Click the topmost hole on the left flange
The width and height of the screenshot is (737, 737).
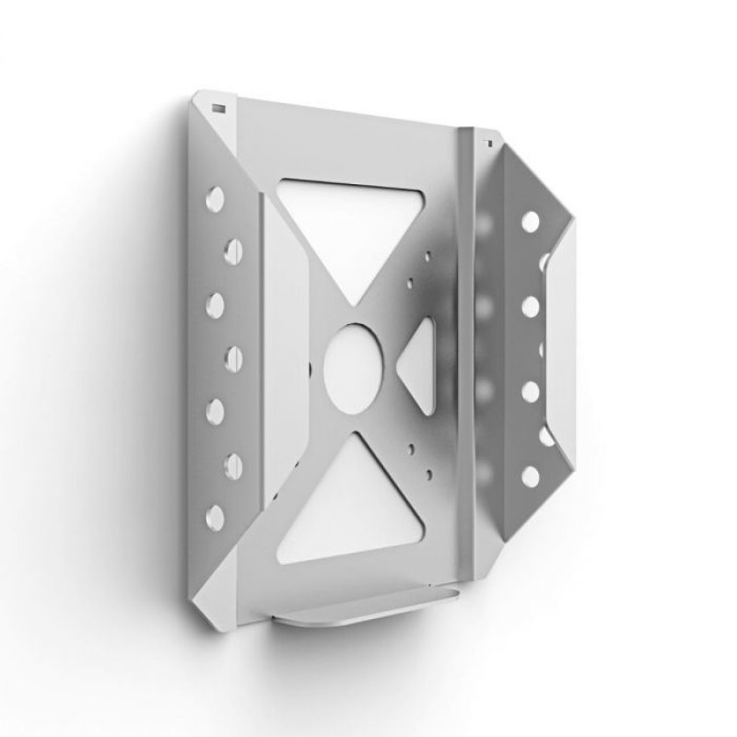pyautogui.click(x=215, y=197)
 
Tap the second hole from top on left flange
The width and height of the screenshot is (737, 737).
pyautogui.click(x=231, y=249)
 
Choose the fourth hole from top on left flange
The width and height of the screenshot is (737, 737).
pyautogui.click(x=231, y=356)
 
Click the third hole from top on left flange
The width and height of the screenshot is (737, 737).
pyautogui.click(x=215, y=303)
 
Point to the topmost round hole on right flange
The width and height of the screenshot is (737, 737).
pyautogui.click(x=531, y=221)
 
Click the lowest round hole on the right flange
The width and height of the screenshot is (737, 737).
pyautogui.click(x=531, y=475)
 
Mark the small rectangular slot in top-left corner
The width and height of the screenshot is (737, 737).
pyautogui.click(x=218, y=108)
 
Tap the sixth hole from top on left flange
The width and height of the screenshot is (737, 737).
pyautogui.click(x=231, y=461)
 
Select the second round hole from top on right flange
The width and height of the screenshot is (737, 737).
pyautogui.click(x=531, y=306)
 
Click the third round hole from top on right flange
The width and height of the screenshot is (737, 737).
pyautogui.click(x=531, y=391)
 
